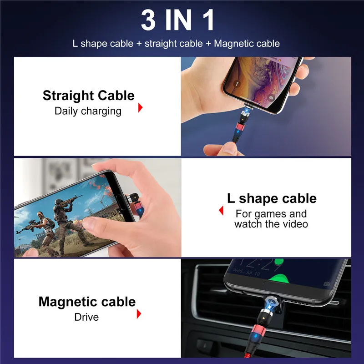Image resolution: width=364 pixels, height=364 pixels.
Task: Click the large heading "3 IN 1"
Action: (177, 20)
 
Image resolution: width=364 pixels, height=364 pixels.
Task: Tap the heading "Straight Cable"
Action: (88, 96)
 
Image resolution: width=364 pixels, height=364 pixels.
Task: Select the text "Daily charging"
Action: (88, 111)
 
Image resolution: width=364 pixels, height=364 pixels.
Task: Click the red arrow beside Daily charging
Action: (140, 108)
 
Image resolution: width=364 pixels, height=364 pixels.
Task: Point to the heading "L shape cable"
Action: (272, 198)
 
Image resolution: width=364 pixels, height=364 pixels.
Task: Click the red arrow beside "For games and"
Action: (221, 211)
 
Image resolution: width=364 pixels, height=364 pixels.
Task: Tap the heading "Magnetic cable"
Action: (87, 302)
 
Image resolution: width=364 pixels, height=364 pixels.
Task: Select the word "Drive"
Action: (86, 316)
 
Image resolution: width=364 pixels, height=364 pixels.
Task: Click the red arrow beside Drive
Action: (139, 313)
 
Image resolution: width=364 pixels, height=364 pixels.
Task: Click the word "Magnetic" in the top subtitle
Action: (233, 44)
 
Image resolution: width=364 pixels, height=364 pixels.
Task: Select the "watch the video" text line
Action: (271, 224)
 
